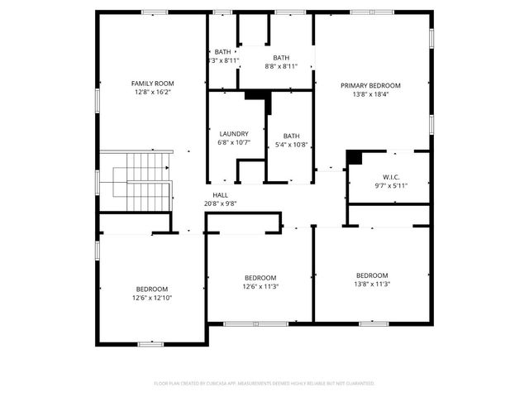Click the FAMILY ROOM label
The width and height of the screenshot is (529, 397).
(x=153, y=84)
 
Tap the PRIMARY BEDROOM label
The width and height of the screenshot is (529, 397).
(x=370, y=85)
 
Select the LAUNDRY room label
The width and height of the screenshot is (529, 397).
(x=234, y=134)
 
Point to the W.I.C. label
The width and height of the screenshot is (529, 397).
(x=391, y=176)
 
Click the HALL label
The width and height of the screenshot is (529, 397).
(x=220, y=195)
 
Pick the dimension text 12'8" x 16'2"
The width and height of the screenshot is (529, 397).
(x=153, y=93)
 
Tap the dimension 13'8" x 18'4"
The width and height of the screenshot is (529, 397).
(x=370, y=94)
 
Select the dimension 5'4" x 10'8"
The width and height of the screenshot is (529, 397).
(x=291, y=145)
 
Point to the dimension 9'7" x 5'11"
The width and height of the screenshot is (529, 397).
(x=391, y=185)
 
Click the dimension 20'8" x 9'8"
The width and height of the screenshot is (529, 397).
(x=220, y=203)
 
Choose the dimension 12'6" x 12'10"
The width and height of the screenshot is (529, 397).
(x=152, y=298)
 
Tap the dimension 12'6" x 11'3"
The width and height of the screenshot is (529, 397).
(x=260, y=287)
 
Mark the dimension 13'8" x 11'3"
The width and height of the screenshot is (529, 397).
(x=372, y=285)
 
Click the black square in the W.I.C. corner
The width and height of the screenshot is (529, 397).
(x=354, y=157)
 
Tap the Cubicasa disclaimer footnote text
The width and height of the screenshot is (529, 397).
(x=264, y=384)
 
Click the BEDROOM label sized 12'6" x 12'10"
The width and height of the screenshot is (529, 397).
(x=152, y=289)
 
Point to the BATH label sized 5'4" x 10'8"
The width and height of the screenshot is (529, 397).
(x=291, y=136)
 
